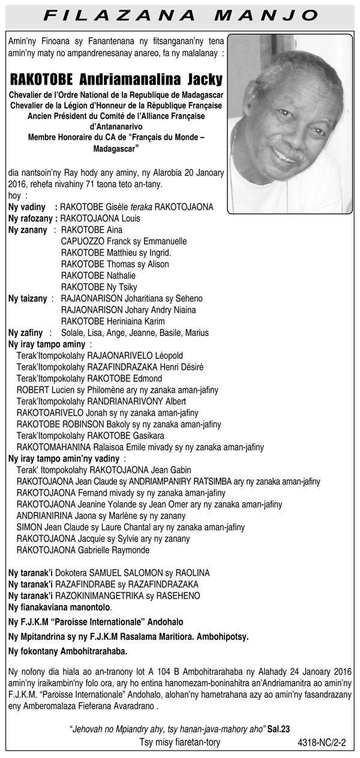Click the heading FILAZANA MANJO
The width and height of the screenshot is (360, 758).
pos(180,14)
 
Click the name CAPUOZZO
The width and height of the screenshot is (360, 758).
pos(84,241)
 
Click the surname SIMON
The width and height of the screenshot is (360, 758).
pos(30,527)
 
